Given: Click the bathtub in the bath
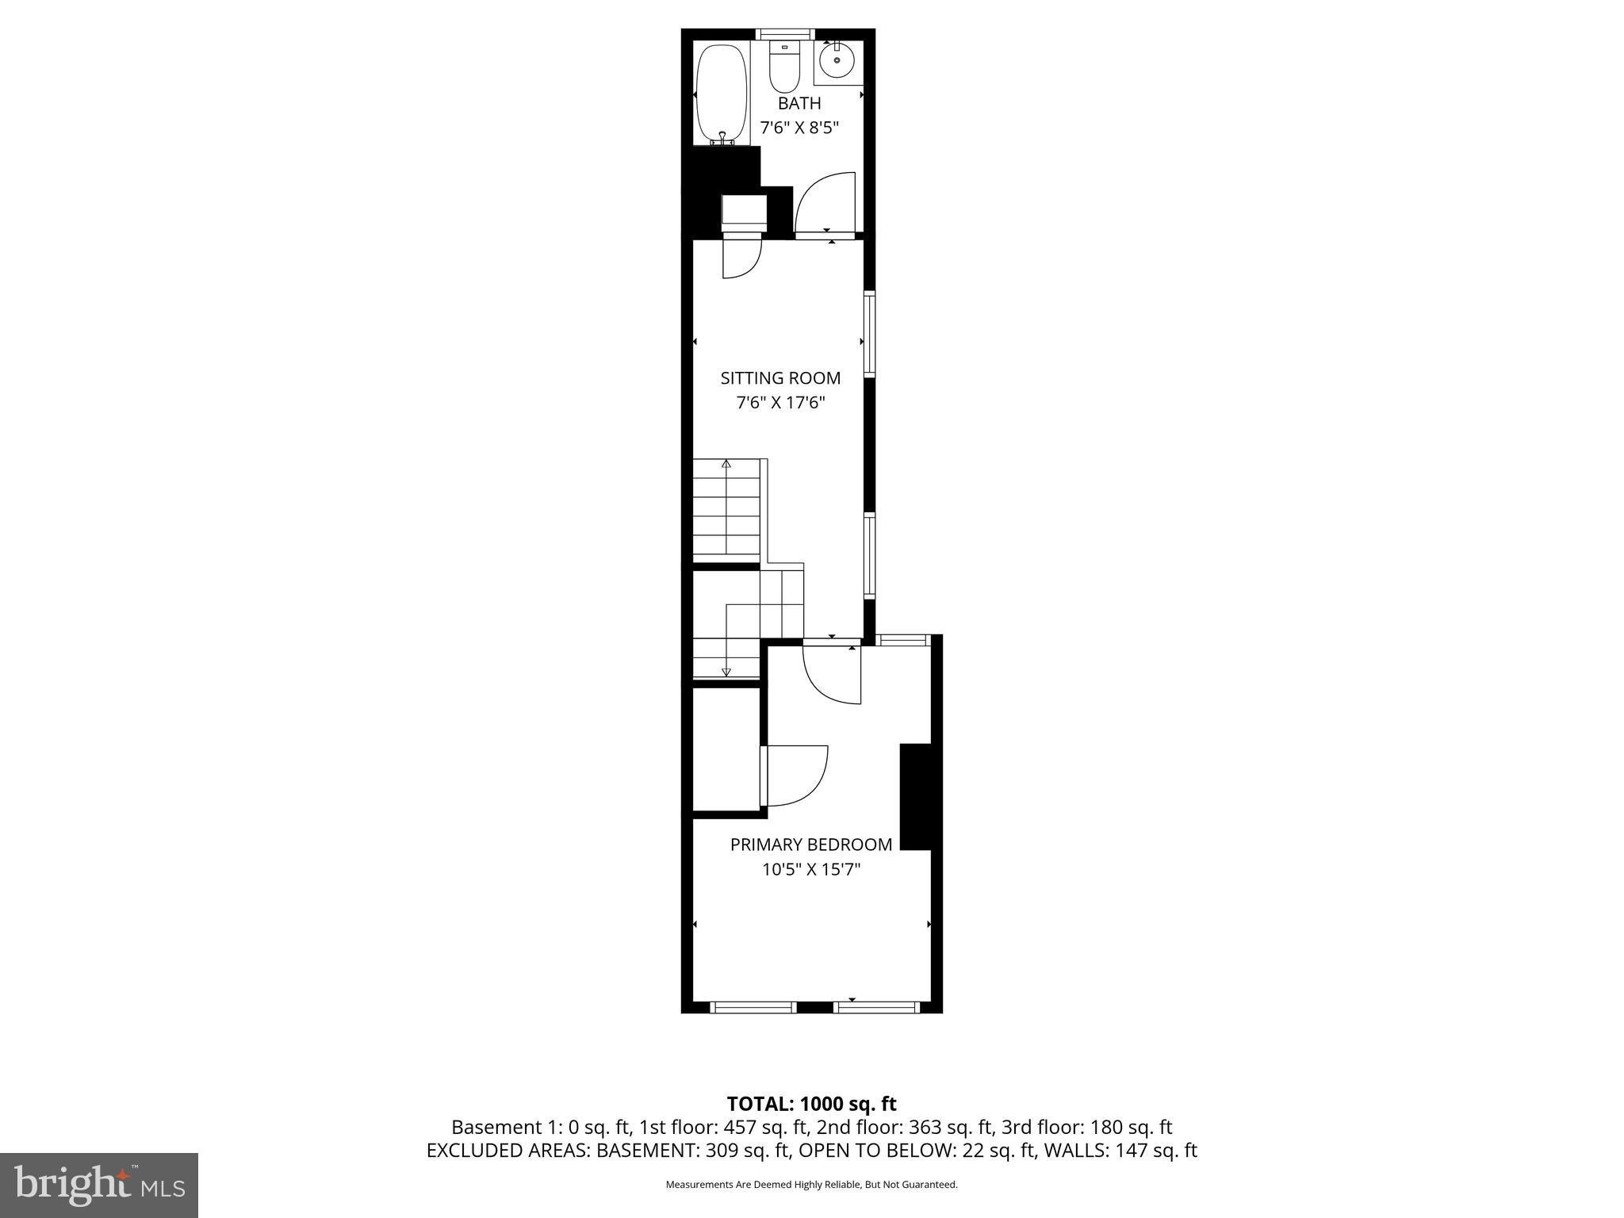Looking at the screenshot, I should coord(721,94).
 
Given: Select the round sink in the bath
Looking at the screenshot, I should coord(837,59).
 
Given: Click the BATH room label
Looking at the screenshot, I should coord(799,103).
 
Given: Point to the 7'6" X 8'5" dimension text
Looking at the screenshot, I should coord(799,128).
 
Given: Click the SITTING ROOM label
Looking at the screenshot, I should coord(780,378).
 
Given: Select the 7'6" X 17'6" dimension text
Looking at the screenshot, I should coord(780,403).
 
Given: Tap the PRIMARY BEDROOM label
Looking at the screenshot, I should coord(810,845).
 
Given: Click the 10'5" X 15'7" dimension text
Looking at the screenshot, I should coord(810,869).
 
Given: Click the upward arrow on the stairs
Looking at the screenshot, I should coord(726,465).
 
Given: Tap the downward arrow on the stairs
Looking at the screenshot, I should coord(726,671).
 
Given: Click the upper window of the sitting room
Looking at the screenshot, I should coord(869,334).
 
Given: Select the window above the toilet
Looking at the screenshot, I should coord(784,34).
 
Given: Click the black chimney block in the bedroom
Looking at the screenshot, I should coord(915,796).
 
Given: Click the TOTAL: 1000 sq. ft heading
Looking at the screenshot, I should coord(811,1103).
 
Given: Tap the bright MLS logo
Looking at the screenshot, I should coord(99,1185).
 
